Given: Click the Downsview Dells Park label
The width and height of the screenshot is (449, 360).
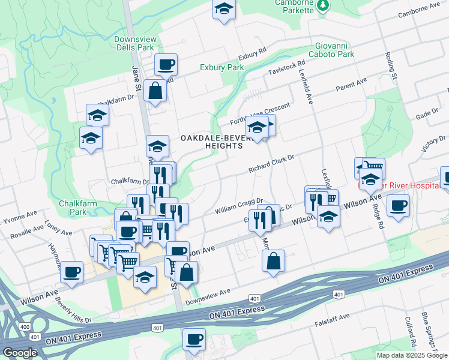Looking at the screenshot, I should (x=135, y=43).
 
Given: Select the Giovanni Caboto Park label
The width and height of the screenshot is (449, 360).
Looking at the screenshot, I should (x=331, y=50).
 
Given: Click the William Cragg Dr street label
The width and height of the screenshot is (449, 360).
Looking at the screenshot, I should (x=240, y=206).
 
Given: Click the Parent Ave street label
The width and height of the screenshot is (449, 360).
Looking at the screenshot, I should (x=351, y=83).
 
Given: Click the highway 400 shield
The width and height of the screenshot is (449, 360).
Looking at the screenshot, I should (x=25, y=326).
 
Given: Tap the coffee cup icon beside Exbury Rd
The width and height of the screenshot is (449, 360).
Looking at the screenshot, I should (x=166, y=64).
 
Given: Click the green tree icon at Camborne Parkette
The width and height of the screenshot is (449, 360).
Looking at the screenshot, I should (x=323, y=5).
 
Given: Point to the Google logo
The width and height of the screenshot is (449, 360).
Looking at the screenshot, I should (x=20, y=353).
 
